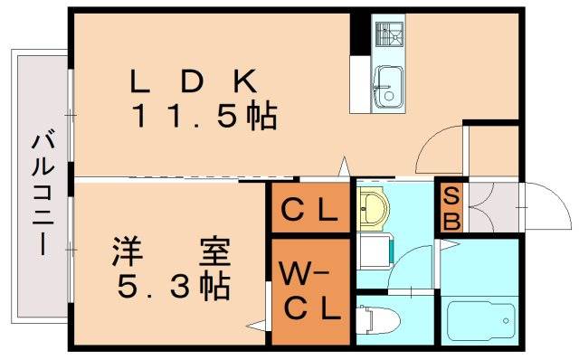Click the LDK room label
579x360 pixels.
click(x=195, y=81)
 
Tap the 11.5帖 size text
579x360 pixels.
click(x=204, y=116)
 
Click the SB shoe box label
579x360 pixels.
click(x=450, y=208)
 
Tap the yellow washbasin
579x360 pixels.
click(x=372, y=207)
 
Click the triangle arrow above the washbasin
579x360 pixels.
click(x=344, y=168)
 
